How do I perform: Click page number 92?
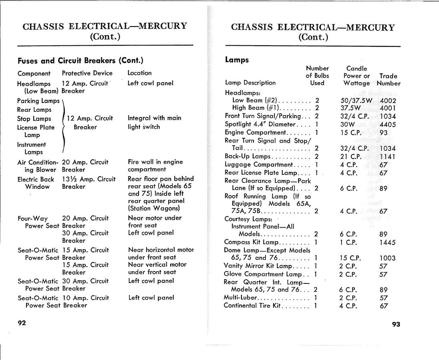point(22,323)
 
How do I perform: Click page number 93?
point(396,324)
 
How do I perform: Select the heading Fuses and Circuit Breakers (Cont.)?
point(81,61)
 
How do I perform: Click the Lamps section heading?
point(237,60)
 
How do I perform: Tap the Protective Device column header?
point(87,73)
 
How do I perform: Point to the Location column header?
point(139,73)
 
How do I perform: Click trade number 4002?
point(387,101)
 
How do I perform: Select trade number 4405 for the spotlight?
point(387,124)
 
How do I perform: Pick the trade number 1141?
point(387,157)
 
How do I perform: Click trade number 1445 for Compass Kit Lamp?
point(387,242)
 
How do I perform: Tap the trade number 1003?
point(387,258)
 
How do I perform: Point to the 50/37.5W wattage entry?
point(354,101)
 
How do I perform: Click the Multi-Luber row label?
point(240,297)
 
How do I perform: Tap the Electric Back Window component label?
point(36,183)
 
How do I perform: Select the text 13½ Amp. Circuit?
point(89,179)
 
